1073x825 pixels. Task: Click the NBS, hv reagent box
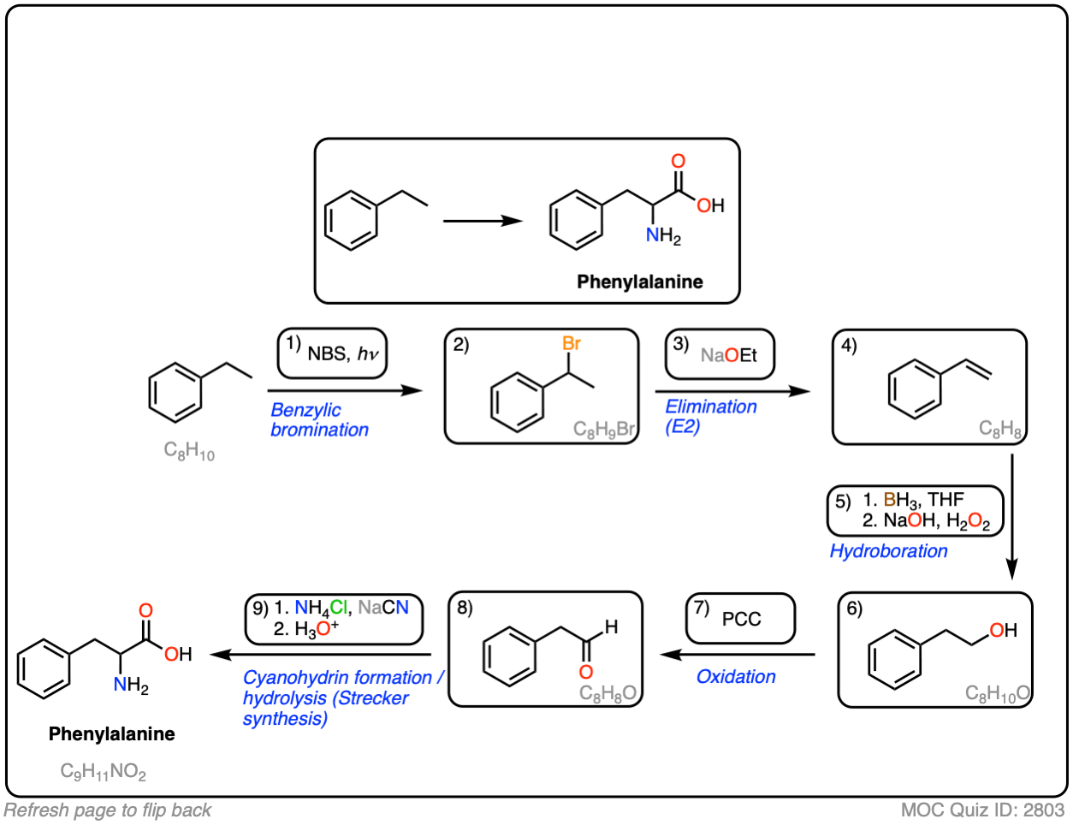[x=333, y=354]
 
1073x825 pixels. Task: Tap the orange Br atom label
[x=572, y=343]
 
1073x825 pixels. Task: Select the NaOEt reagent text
[x=728, y=355]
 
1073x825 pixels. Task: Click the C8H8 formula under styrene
[x=999, y=429]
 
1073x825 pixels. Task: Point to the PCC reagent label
[x=741, y=619]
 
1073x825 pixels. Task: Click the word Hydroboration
[x=888, y=551]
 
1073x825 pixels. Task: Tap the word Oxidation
[x=736, y=677]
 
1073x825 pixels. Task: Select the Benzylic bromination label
[x=319, y=420]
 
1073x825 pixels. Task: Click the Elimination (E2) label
[x=710, y=417]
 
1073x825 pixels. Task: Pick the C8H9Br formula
[x=603, y=430]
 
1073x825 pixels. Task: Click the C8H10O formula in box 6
[x=997, y=693]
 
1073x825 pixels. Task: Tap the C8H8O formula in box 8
[x=608, y=693]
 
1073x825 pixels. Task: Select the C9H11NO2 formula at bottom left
[x=103, y=772]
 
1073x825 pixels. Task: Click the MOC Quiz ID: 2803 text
[x=982, y=810]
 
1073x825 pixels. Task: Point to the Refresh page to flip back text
[x=108, y=810]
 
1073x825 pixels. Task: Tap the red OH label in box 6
[x=1003, y=631]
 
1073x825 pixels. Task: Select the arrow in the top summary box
[x=483, y=221]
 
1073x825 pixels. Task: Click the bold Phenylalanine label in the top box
[x=639, y=282]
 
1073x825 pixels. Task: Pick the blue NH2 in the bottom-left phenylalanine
[x=131, y=686]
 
